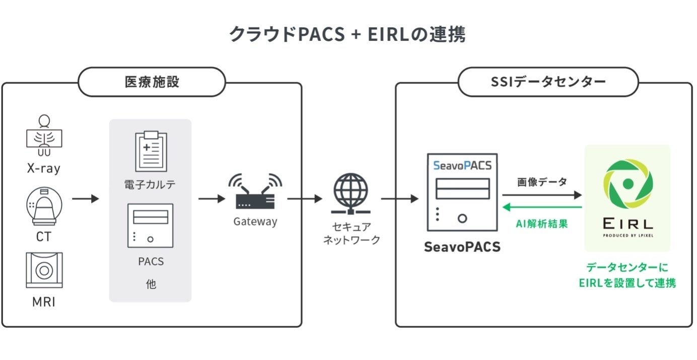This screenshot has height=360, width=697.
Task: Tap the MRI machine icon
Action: point(44,270)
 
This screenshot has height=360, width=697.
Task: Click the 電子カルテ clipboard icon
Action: point(151,151)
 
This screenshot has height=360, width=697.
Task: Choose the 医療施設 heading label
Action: point(152,82)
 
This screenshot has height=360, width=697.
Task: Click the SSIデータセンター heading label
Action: point(548,82)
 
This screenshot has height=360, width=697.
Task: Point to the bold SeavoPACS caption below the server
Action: point(462,247)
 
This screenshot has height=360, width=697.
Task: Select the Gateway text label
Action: point(255,221)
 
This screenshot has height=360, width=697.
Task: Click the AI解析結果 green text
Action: point(542,224)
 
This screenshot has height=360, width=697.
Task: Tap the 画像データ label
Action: point(542,182)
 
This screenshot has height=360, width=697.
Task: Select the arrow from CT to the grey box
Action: point(85,199)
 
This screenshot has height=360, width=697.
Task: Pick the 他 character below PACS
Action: point(151,284)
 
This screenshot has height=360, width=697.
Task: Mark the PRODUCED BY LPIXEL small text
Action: point(627,234)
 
